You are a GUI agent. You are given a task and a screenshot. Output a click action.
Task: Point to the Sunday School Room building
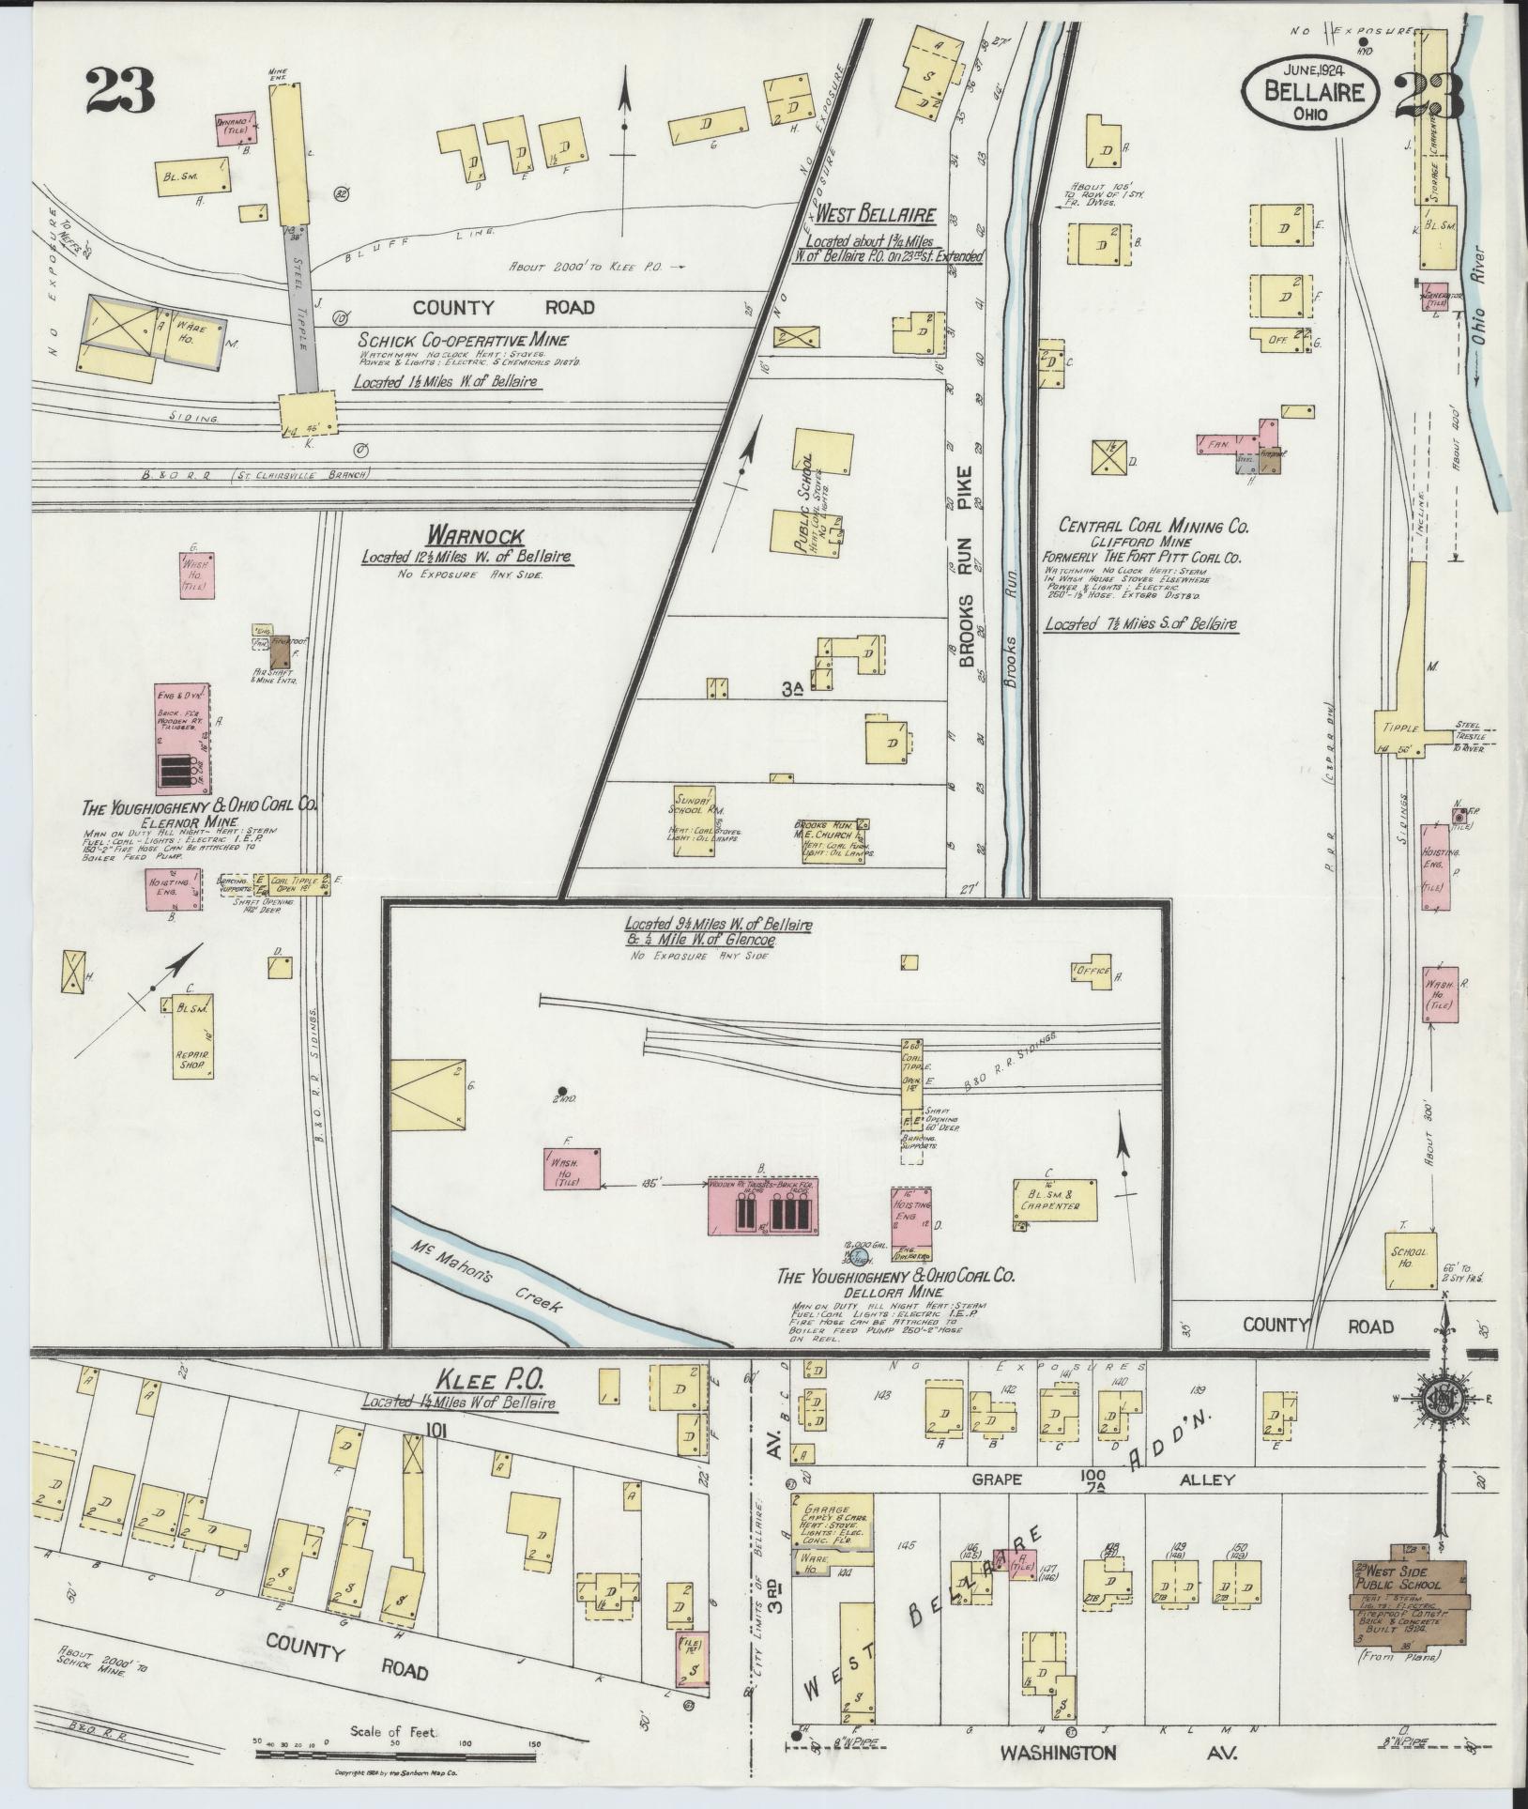(700, 820)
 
